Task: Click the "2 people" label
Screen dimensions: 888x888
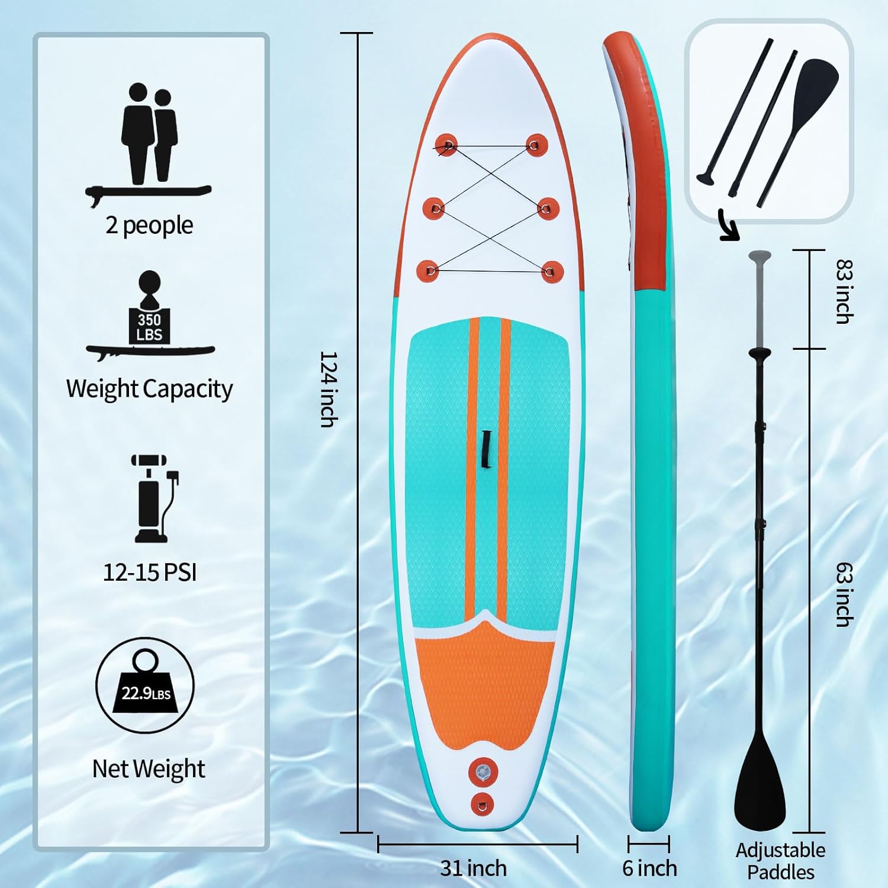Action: coord(149,226)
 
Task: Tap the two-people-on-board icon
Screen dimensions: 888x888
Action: coord(149,145)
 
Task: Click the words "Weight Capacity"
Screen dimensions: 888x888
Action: coord(149,389)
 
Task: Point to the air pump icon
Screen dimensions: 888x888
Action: coord(155,498)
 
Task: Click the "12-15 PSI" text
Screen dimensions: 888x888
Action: coord(150,572)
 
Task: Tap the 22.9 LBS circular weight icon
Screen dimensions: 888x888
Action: coord(145,686)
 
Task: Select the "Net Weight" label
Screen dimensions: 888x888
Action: coord(149,769)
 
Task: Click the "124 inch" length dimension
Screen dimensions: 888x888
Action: coord(329,389)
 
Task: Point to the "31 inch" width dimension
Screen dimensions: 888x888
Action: coord(474,868)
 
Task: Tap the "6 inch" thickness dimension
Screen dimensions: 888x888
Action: coord(649,868)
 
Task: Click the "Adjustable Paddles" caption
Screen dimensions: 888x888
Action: coord(780,861)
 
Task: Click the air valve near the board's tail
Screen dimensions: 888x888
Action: coord(483,772)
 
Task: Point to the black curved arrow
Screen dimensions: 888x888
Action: coord(729,225)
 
